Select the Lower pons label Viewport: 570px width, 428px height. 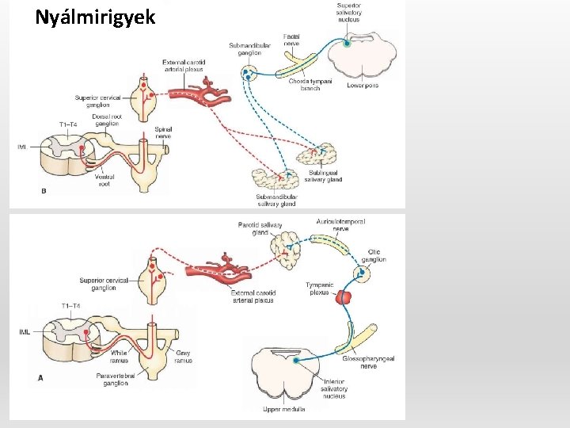click(363, 86)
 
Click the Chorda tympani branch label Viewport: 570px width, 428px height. click(310, 84)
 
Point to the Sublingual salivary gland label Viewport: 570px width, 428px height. click(323, 176)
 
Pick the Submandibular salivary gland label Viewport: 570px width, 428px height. click(276, 200)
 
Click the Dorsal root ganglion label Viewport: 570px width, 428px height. click(106, 120)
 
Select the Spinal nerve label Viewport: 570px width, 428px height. click(164, 132)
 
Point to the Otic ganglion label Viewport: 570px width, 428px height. click(374, 255)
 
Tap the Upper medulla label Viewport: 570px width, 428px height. click(283, 409)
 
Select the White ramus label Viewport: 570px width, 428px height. click(119, 356)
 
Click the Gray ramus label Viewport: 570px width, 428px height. click(183, 356)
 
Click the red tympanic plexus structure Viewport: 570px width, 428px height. click(345, 297)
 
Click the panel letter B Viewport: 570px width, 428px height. click(43, 191)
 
